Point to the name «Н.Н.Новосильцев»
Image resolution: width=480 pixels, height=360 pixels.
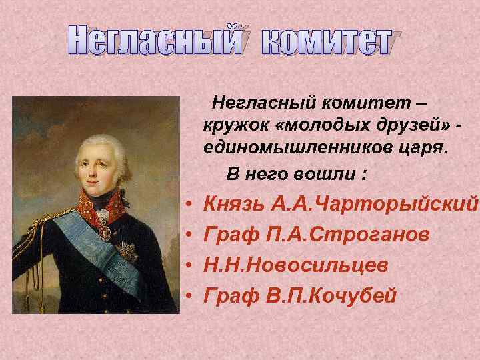pos(296,265)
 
